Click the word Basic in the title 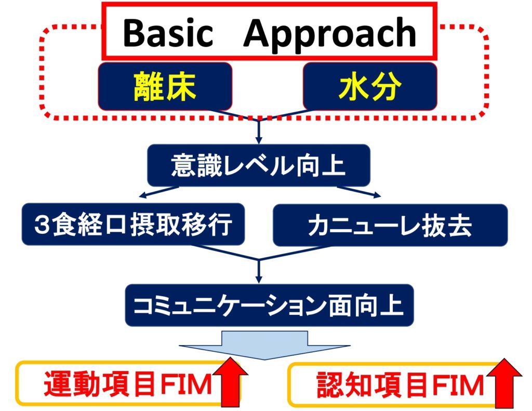click(168, 33)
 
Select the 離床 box click(165, 86)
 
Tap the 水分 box click(370, 86)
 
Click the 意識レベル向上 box click(259, 165)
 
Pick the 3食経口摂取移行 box click(134, 224)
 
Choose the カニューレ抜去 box click(390, 225)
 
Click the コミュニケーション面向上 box click(270, 305)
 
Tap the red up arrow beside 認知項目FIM click(504, 383)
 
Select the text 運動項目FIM click(128, 385)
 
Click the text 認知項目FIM click(400, 385)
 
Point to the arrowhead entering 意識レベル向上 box click(259, 140)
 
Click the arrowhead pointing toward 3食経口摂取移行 click(142, 195)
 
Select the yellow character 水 click(353, 87)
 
